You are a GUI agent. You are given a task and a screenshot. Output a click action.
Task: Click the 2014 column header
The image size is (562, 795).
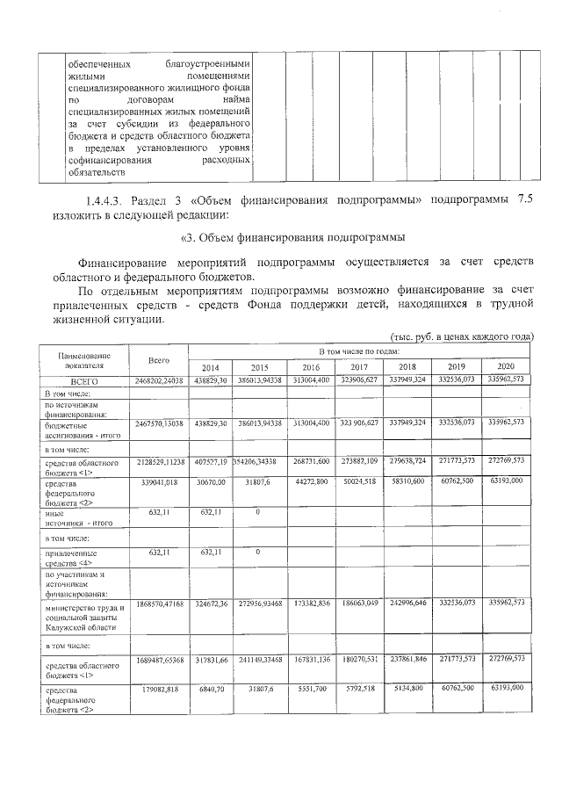211,366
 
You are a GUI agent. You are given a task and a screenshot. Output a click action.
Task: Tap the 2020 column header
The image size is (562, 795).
506,366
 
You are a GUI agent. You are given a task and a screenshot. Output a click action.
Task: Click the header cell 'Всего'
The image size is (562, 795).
159,360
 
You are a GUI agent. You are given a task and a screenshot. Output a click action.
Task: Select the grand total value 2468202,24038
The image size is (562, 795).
159,381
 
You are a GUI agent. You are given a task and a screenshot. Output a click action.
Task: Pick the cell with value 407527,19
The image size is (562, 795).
211,460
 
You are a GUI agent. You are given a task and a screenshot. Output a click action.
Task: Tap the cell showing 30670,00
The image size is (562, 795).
211,482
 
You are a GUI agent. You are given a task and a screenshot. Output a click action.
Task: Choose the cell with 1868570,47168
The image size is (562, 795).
159,603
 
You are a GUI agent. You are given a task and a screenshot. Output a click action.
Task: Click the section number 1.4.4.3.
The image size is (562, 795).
108,199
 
